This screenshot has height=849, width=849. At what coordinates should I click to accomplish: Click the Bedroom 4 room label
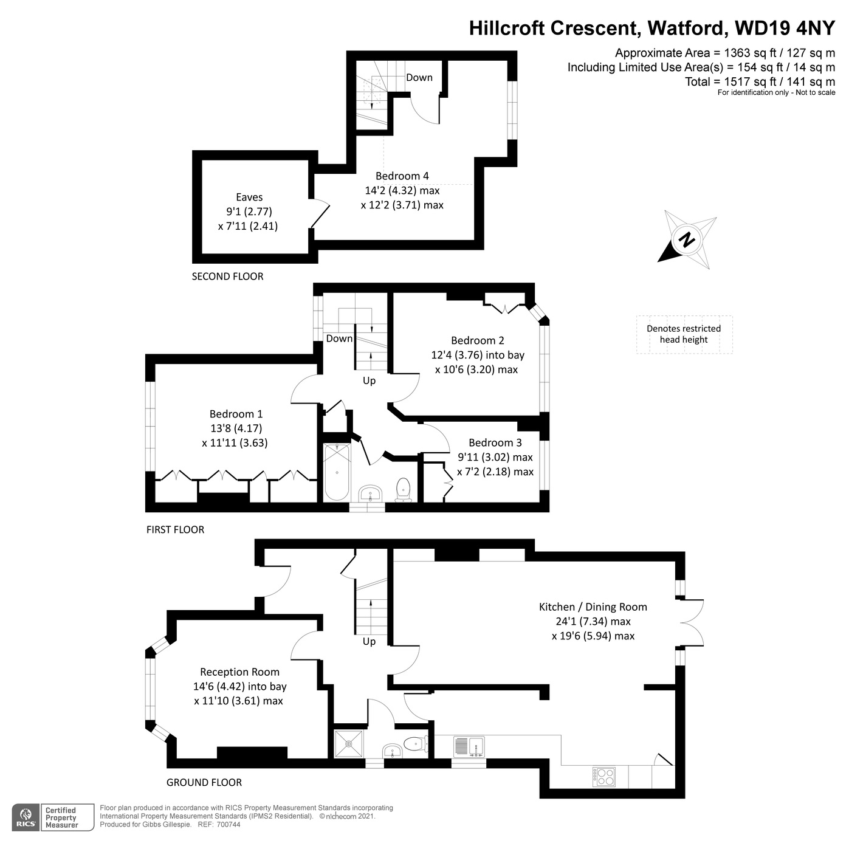pos(402,176)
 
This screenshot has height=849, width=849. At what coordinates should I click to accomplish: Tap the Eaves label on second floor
pos(249,197)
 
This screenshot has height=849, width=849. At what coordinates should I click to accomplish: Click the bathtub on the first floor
pos(337,472)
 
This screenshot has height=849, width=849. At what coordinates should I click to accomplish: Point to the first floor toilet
pos(404,489)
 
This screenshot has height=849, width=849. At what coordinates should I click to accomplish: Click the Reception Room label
pos(239,672)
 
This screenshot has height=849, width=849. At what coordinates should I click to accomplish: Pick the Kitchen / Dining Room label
pos(593,607)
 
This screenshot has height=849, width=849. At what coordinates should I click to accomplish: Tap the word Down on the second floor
pos(419,78)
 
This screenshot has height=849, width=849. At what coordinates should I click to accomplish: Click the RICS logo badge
pos(26,818)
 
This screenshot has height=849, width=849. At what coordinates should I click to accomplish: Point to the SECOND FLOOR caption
pos(227,277)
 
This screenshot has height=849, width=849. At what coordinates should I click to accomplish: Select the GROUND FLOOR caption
pos(204,783)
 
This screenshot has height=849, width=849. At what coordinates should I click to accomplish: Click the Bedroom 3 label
pos(495,443)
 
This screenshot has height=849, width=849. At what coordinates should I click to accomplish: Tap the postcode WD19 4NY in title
pos(785,28)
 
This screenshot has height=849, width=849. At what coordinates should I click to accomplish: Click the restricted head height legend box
pos(684,334)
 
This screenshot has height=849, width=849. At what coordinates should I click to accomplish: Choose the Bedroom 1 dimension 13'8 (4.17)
pos(236,428)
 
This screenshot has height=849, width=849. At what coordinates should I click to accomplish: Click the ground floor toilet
pos(415,743)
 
